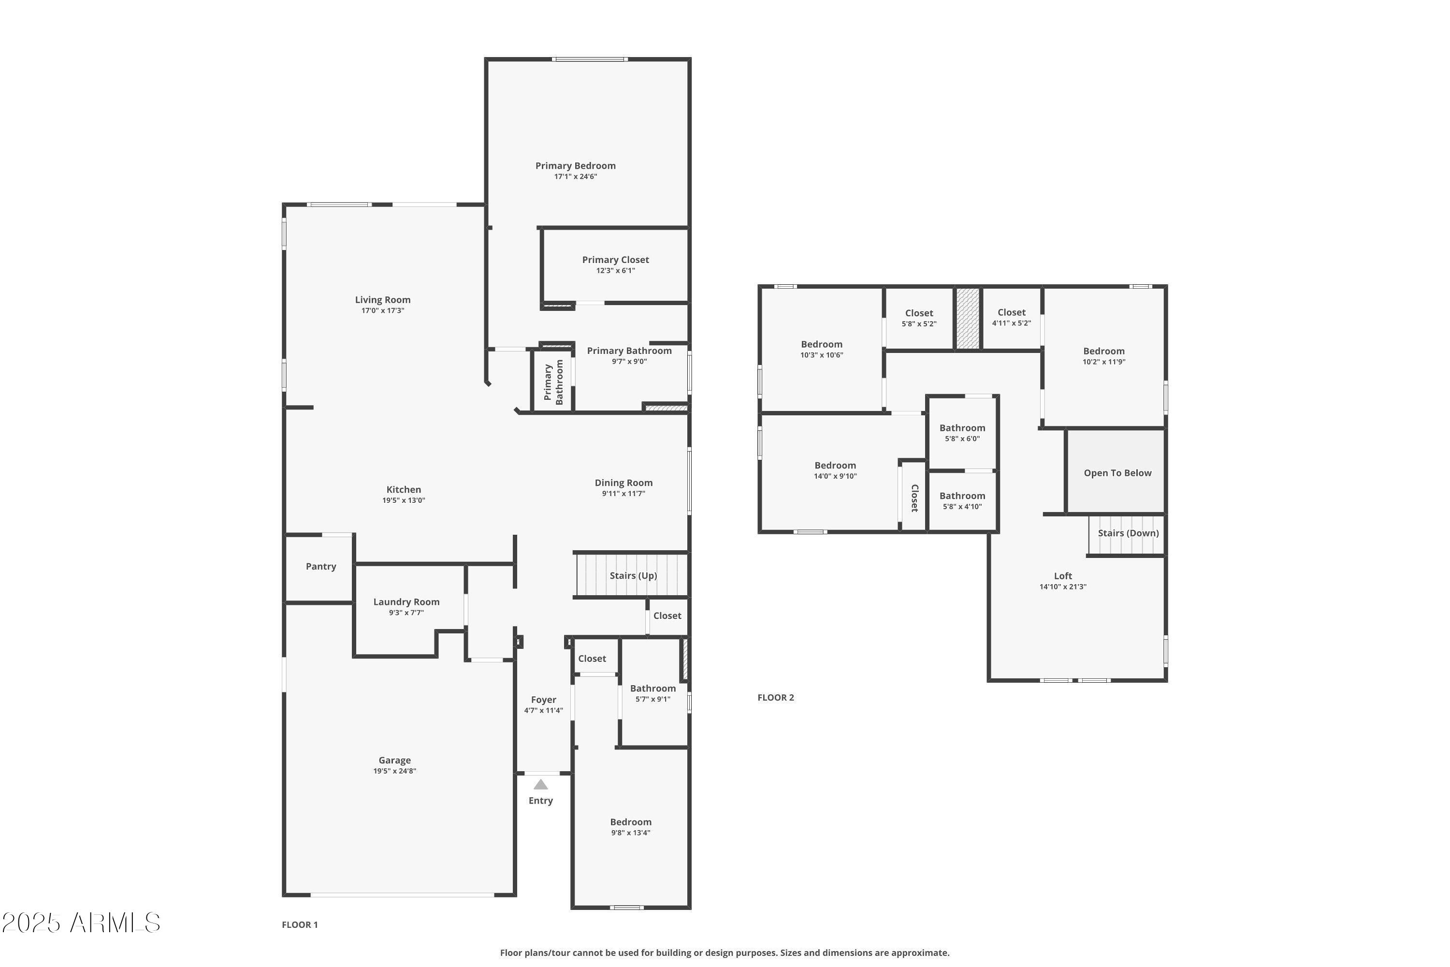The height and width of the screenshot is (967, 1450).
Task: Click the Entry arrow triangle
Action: [x=541, y=784]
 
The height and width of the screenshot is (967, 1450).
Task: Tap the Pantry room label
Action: [x=320, y=566]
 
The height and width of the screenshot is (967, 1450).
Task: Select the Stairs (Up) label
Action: [x=633, y=575]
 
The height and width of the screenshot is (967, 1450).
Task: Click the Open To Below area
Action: [x=1117, y=473]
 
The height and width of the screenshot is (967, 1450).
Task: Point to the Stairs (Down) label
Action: [x=1128, y=533]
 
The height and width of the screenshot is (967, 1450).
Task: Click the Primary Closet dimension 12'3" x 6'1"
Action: [x=615, y=271]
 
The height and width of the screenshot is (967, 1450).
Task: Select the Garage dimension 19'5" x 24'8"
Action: [x=394, y=771]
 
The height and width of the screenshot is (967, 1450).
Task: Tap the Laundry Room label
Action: [x=406, y=602]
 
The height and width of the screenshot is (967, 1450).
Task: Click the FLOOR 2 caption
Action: [x=776, y=698]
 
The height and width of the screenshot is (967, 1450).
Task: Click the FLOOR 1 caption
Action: [x=300, y=924]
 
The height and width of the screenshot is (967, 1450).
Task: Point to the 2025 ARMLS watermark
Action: [x=81, y=923]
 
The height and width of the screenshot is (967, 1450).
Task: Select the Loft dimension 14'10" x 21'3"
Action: [x=1063, y=587]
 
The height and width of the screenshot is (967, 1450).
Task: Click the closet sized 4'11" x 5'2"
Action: [x=1011, y=318]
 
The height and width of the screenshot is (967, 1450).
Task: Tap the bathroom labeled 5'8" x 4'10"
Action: [x=962, y=501]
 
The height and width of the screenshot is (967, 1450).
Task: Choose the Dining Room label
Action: [x=623, y=483]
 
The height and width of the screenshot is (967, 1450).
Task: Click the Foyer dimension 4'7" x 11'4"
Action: [x=543, y=710]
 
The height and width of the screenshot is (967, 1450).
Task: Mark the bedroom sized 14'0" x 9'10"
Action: [x=835, y=470]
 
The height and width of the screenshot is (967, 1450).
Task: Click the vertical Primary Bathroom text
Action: [x=553, y=382]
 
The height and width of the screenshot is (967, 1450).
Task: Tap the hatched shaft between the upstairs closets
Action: [x=967, y=318]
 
